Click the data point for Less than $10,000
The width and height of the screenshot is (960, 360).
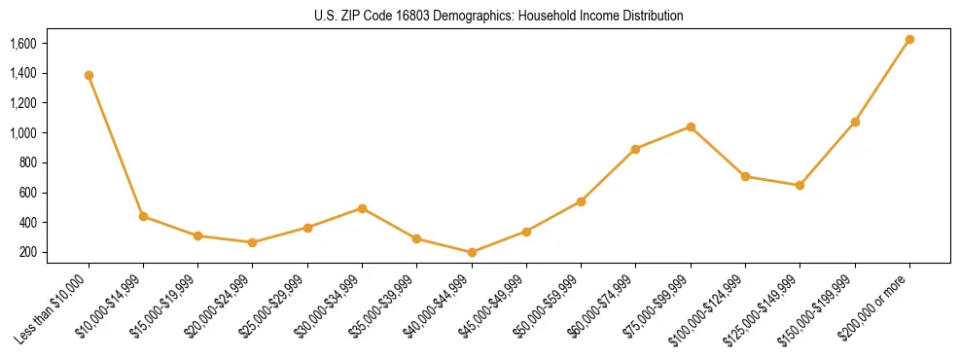click(89, 75)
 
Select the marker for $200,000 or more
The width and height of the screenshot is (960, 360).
click(909, 40)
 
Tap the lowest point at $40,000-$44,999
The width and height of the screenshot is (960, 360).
click(472, 252)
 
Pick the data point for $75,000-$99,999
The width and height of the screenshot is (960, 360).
click(691, 126)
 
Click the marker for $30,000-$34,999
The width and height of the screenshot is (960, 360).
click(362, 208)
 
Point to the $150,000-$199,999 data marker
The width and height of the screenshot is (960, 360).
click(855, 122)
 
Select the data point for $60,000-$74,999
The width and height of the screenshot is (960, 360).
click(636, 149)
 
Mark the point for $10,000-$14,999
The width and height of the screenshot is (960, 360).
click(144, 216)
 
